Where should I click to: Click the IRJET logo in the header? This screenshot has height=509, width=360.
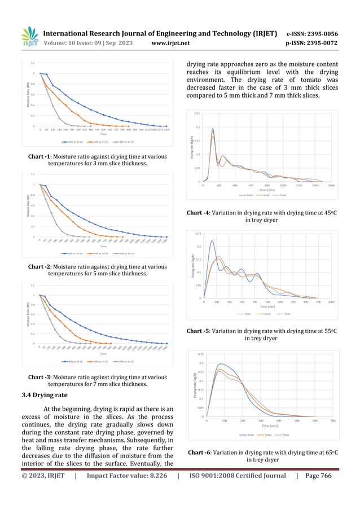click(x=29, y=36)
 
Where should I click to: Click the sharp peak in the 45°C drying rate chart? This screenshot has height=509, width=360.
click(x=213, y=129)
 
